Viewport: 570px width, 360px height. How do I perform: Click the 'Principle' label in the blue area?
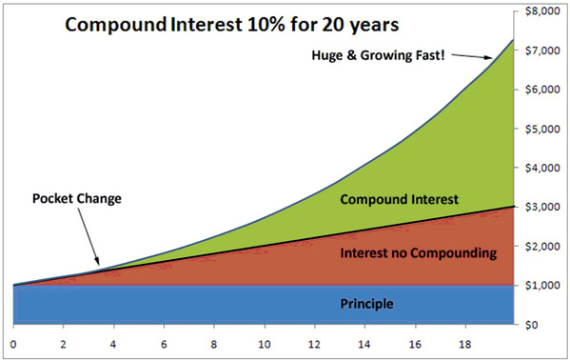point(366,305)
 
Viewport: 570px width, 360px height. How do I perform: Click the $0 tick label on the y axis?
point(549,325)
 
